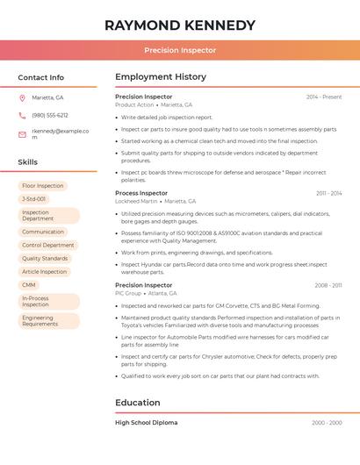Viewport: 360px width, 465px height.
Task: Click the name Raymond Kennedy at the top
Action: click(x=180, y=25)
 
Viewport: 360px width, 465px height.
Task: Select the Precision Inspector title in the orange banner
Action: click(x=180, y=50)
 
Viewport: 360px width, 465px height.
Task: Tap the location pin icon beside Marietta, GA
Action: click(x=22, y=97)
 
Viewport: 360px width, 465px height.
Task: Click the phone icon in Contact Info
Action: click(x=22, y=115)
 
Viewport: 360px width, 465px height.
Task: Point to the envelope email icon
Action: click(x=22, y=134)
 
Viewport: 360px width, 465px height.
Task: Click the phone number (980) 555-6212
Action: click(x=50, y=115)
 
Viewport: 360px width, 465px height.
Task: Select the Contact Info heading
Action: click(x=41, y=77)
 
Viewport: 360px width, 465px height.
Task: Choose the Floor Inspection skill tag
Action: click(x=43, y=186)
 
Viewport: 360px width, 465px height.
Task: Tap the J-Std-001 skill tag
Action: click(x=34, y=199)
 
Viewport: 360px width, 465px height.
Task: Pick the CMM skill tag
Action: click(x=29, y=285)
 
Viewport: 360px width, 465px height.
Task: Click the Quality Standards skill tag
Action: click(x=45, y=259)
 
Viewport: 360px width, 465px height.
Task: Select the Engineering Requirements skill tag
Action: click(x=40, y=321)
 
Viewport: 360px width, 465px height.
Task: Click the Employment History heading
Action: click(x=161, y=77)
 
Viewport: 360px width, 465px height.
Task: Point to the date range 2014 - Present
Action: click(x=324, y=97)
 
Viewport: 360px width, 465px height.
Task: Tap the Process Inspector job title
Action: click(x=141, y=193)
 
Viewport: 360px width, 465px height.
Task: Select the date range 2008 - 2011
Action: click(x=328, y=285)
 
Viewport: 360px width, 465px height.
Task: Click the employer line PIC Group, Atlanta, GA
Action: click(x=146, y=293)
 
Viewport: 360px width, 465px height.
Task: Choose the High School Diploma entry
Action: click(x=147, y=423)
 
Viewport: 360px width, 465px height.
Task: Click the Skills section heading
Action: click(x=28, y=162)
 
